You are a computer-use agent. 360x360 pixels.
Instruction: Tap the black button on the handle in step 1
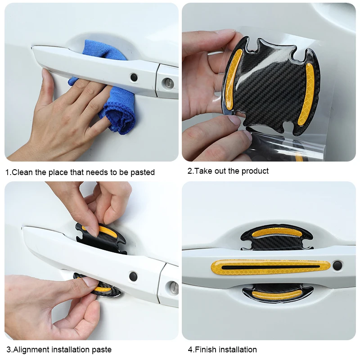134,77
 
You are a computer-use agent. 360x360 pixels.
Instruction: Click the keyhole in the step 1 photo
168,83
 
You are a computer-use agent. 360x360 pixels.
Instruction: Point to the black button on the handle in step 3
133,276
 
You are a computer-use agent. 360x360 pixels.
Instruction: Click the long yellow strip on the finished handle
270,267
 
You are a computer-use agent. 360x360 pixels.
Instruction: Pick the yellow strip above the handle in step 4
276,232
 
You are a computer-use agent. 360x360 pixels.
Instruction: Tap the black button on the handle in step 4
337,265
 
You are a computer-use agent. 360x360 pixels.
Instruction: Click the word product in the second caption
255,171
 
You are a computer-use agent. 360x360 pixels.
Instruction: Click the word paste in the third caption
102,350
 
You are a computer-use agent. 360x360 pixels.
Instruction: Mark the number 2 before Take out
189,171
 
